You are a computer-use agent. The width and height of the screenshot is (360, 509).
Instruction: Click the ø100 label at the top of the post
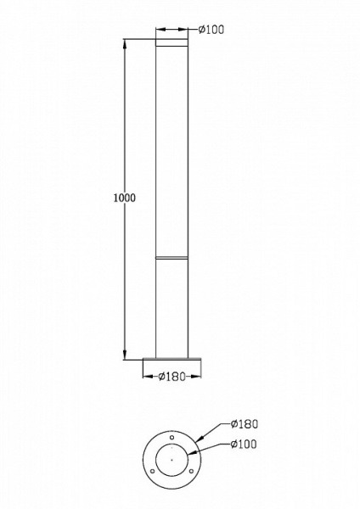tap(211, 30)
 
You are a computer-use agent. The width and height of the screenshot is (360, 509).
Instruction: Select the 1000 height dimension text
tap(124, 198)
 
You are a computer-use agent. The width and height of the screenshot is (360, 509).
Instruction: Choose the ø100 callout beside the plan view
tap(243, 444)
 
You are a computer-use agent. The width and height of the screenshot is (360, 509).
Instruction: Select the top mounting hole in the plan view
tap(173, 439)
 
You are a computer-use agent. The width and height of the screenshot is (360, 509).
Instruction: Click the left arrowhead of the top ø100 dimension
tap(159, 31)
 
